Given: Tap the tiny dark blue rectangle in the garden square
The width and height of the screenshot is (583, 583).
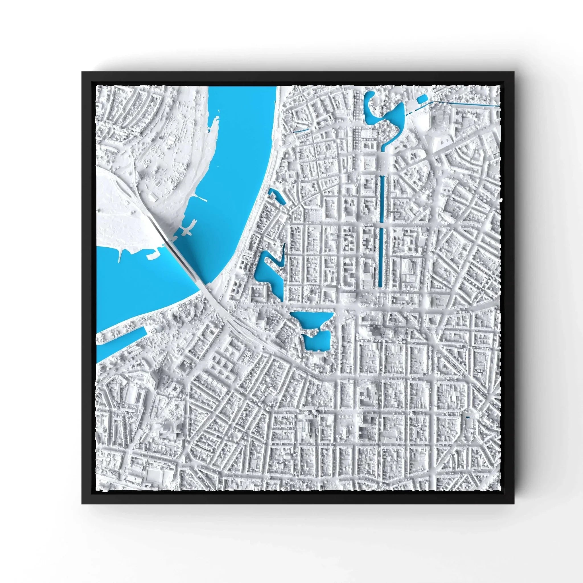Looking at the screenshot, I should [x=468, y=417].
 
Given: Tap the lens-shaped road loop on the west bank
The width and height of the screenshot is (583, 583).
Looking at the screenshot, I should [x=121, y=193].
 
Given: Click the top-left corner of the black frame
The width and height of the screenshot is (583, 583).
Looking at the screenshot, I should [x=82, y=72].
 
